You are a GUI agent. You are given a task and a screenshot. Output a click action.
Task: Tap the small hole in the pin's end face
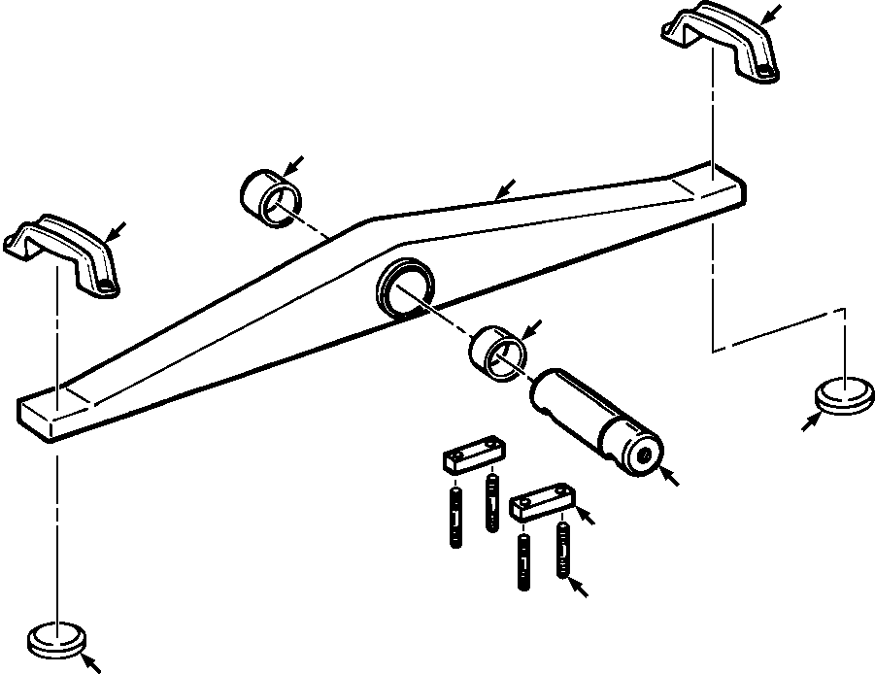642,454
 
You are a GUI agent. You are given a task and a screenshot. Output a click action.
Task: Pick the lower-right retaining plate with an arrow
543,500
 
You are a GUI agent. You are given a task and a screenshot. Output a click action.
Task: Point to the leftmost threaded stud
454,517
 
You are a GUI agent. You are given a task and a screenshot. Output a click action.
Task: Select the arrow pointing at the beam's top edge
504,188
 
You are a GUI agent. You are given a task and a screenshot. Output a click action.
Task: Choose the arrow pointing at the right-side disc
811,421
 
